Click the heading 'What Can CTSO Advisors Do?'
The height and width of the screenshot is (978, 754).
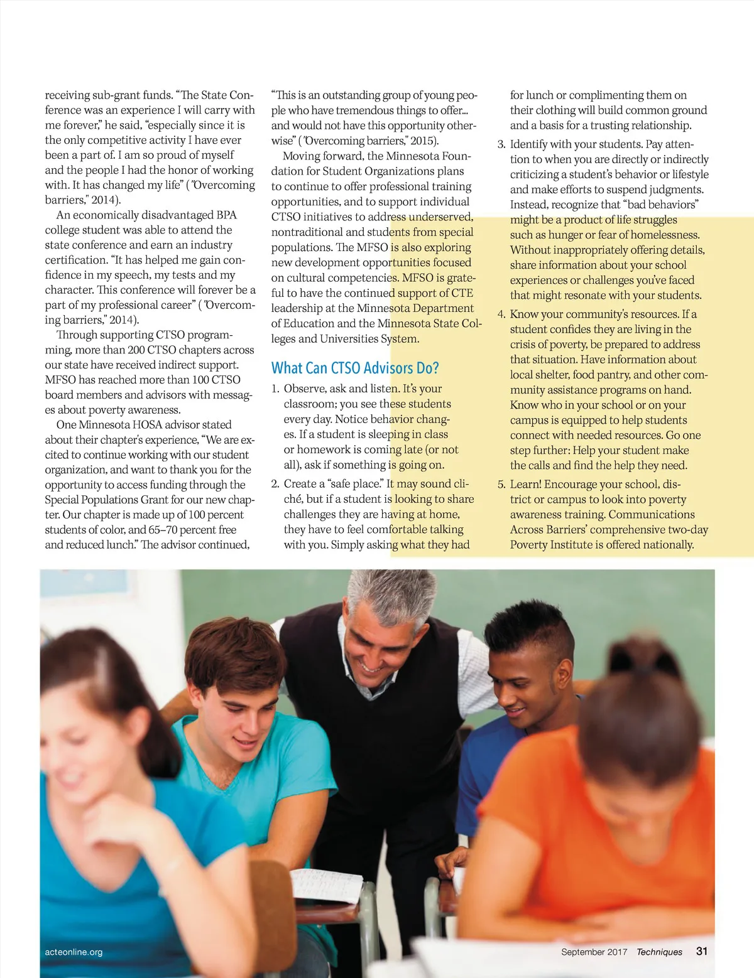coord(355,368)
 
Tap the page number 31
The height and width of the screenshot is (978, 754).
coord(702,951)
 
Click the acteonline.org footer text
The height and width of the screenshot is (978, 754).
coord(74,952)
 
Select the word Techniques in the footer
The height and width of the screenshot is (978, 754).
coord(659,952)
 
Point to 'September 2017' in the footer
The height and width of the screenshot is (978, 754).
coord(594,952)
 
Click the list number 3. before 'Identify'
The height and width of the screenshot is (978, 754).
coord(501,144)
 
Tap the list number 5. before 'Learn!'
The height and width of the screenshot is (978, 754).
coord(501,485)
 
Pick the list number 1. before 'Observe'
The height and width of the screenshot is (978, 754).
coord(275,389)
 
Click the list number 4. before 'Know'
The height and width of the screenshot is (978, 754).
coord(501,314)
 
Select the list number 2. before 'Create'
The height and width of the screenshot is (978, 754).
coord(275,484)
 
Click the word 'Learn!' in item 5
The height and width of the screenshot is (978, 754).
coord(525,485)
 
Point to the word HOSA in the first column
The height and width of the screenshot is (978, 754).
coord(147,425)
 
